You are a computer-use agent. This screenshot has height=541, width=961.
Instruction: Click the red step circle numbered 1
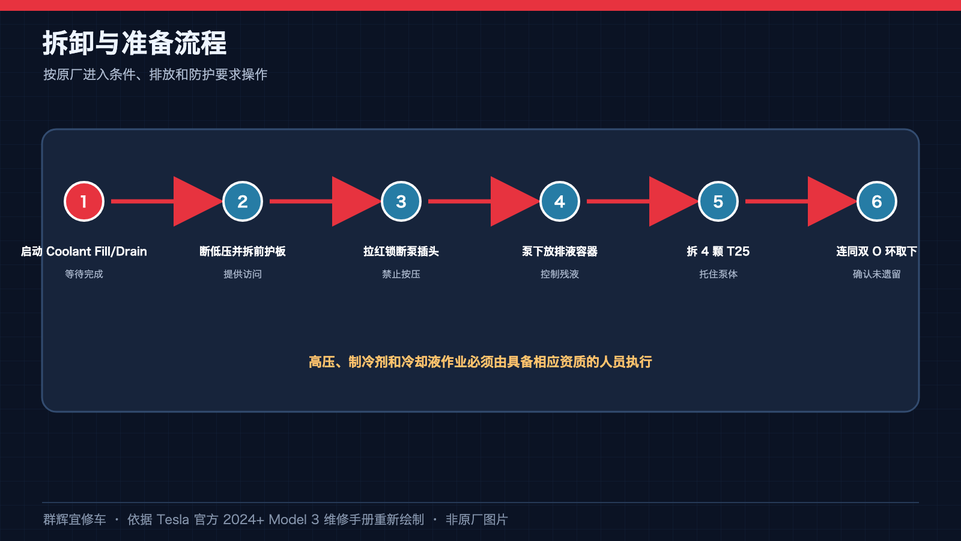point(84,201)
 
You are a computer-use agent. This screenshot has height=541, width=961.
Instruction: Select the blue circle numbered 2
point(243,201)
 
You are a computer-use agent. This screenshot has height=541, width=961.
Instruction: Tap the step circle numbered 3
point(401,201)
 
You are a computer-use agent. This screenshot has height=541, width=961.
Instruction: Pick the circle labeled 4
point(559,201)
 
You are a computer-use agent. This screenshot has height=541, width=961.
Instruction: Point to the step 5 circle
point(718,201)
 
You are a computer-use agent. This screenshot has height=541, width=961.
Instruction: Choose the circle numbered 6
point(876,201)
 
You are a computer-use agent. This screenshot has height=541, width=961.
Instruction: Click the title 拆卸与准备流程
point(135,43)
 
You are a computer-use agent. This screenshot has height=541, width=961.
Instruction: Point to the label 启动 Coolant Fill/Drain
point(84,251)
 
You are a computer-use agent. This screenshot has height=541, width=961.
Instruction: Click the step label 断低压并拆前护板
point(243,251)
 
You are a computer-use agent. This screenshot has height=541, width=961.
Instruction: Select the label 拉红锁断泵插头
point(401,251)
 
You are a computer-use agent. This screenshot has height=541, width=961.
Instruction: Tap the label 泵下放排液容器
point(559,251)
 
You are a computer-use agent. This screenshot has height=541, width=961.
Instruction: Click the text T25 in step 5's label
point(738,251)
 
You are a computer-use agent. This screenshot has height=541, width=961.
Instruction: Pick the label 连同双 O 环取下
point(876,251)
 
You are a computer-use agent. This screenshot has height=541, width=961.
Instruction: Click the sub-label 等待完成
point(84,274)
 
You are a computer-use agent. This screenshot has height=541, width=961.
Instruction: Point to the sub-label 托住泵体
point(718,274)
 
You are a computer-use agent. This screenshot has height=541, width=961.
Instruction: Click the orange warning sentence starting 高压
point(480,362)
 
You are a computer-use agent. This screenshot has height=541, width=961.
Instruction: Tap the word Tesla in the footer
point(172,519)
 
